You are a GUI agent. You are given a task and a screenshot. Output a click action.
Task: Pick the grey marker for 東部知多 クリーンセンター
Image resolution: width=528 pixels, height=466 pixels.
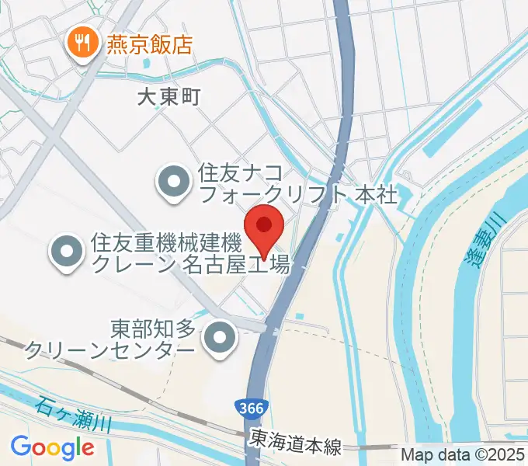click(x=221, y=340)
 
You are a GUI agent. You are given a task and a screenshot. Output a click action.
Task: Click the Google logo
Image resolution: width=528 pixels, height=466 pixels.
click(x=53, y=447)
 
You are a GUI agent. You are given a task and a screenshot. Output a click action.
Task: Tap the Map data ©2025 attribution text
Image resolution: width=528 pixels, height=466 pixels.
click(x=462, y=455)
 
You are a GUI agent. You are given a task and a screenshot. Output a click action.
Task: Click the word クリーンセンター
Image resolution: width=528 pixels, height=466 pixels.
click(x=109, y=351)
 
